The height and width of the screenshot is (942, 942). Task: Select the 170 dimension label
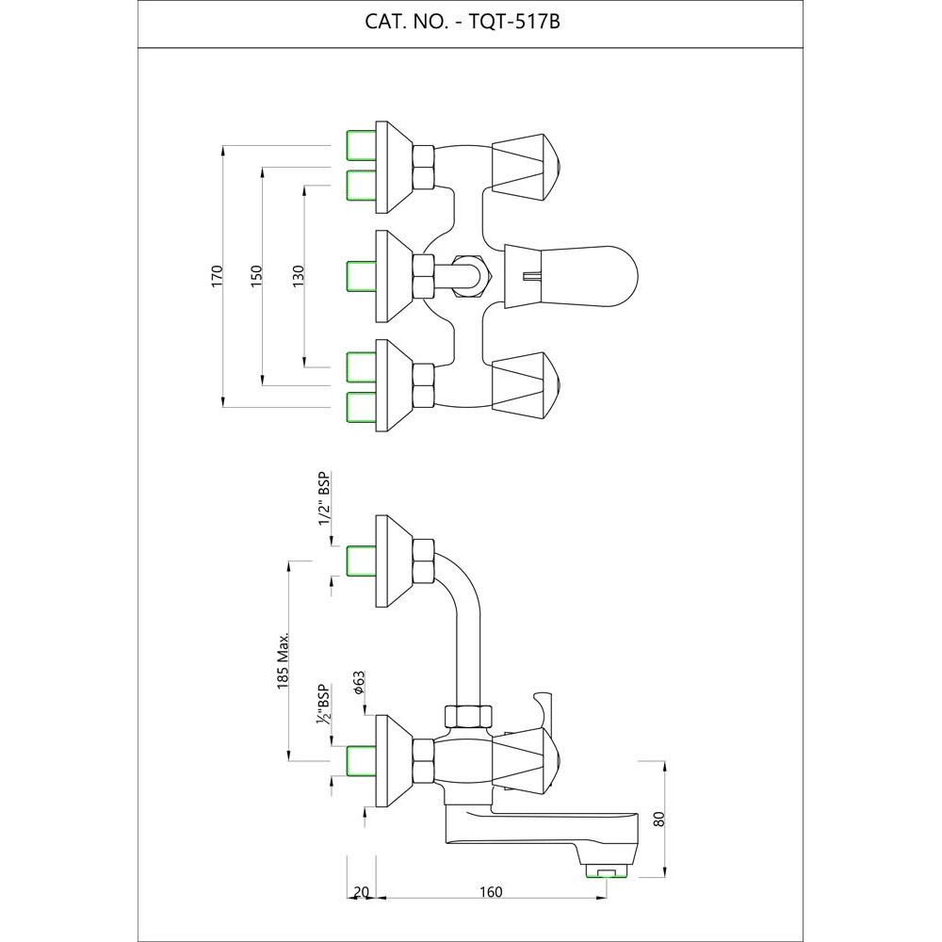click(x=217, y=276)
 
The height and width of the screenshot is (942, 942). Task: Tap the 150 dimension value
click(x=256, y=276)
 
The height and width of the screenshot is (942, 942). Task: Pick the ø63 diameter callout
click(x=359, y=682)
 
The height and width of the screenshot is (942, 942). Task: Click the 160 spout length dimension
click(x=490, y=892)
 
